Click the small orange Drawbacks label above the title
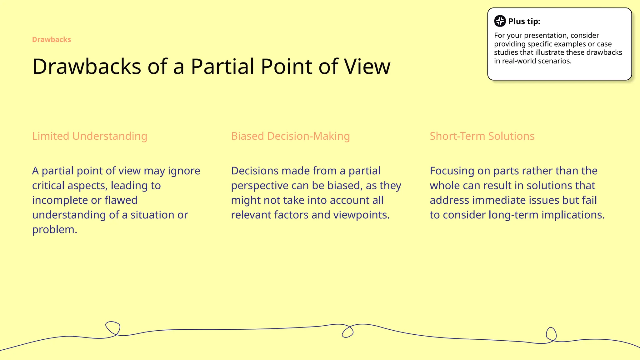pyautogui.click(x=52, y=40)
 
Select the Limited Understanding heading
pyautogui.click(x=90, y=136)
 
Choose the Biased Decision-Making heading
pyautogui.click(x=290, y=136)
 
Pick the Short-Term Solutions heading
pyautogui.click(x=482, y=136)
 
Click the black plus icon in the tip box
pyautogui.click(x=500, y=21)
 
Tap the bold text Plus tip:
pyautogui.click(x=524, y=21)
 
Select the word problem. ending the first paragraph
pyautogui.click(x=55, y=230)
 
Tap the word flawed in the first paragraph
pyautogui.click(x=121, y=200)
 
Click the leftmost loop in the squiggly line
pyautogui.click(x=113, y=328)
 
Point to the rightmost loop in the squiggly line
pyautogui.click(x=551, y=334)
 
